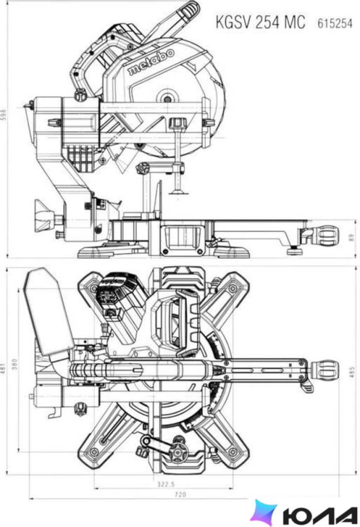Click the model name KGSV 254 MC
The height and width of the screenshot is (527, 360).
(260, 22)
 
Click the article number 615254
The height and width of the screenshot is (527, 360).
(335, 23)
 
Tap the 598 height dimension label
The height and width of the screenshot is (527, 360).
(3, 115)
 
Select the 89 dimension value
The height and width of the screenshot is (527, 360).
(351, 238)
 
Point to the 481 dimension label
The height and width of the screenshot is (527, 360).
(3, 369)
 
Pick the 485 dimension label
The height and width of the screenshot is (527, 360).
(351, 372)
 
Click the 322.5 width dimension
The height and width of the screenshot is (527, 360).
(166, 484)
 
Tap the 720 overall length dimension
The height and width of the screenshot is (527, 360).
(180, 494)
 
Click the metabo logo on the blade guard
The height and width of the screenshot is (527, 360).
(151, 62)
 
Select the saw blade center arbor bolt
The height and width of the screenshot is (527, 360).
(167, 99)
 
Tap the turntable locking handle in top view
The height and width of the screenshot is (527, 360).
(325, 369)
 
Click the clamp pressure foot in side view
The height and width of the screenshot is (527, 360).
(178, 192)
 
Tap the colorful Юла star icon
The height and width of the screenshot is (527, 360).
(264, 512)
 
